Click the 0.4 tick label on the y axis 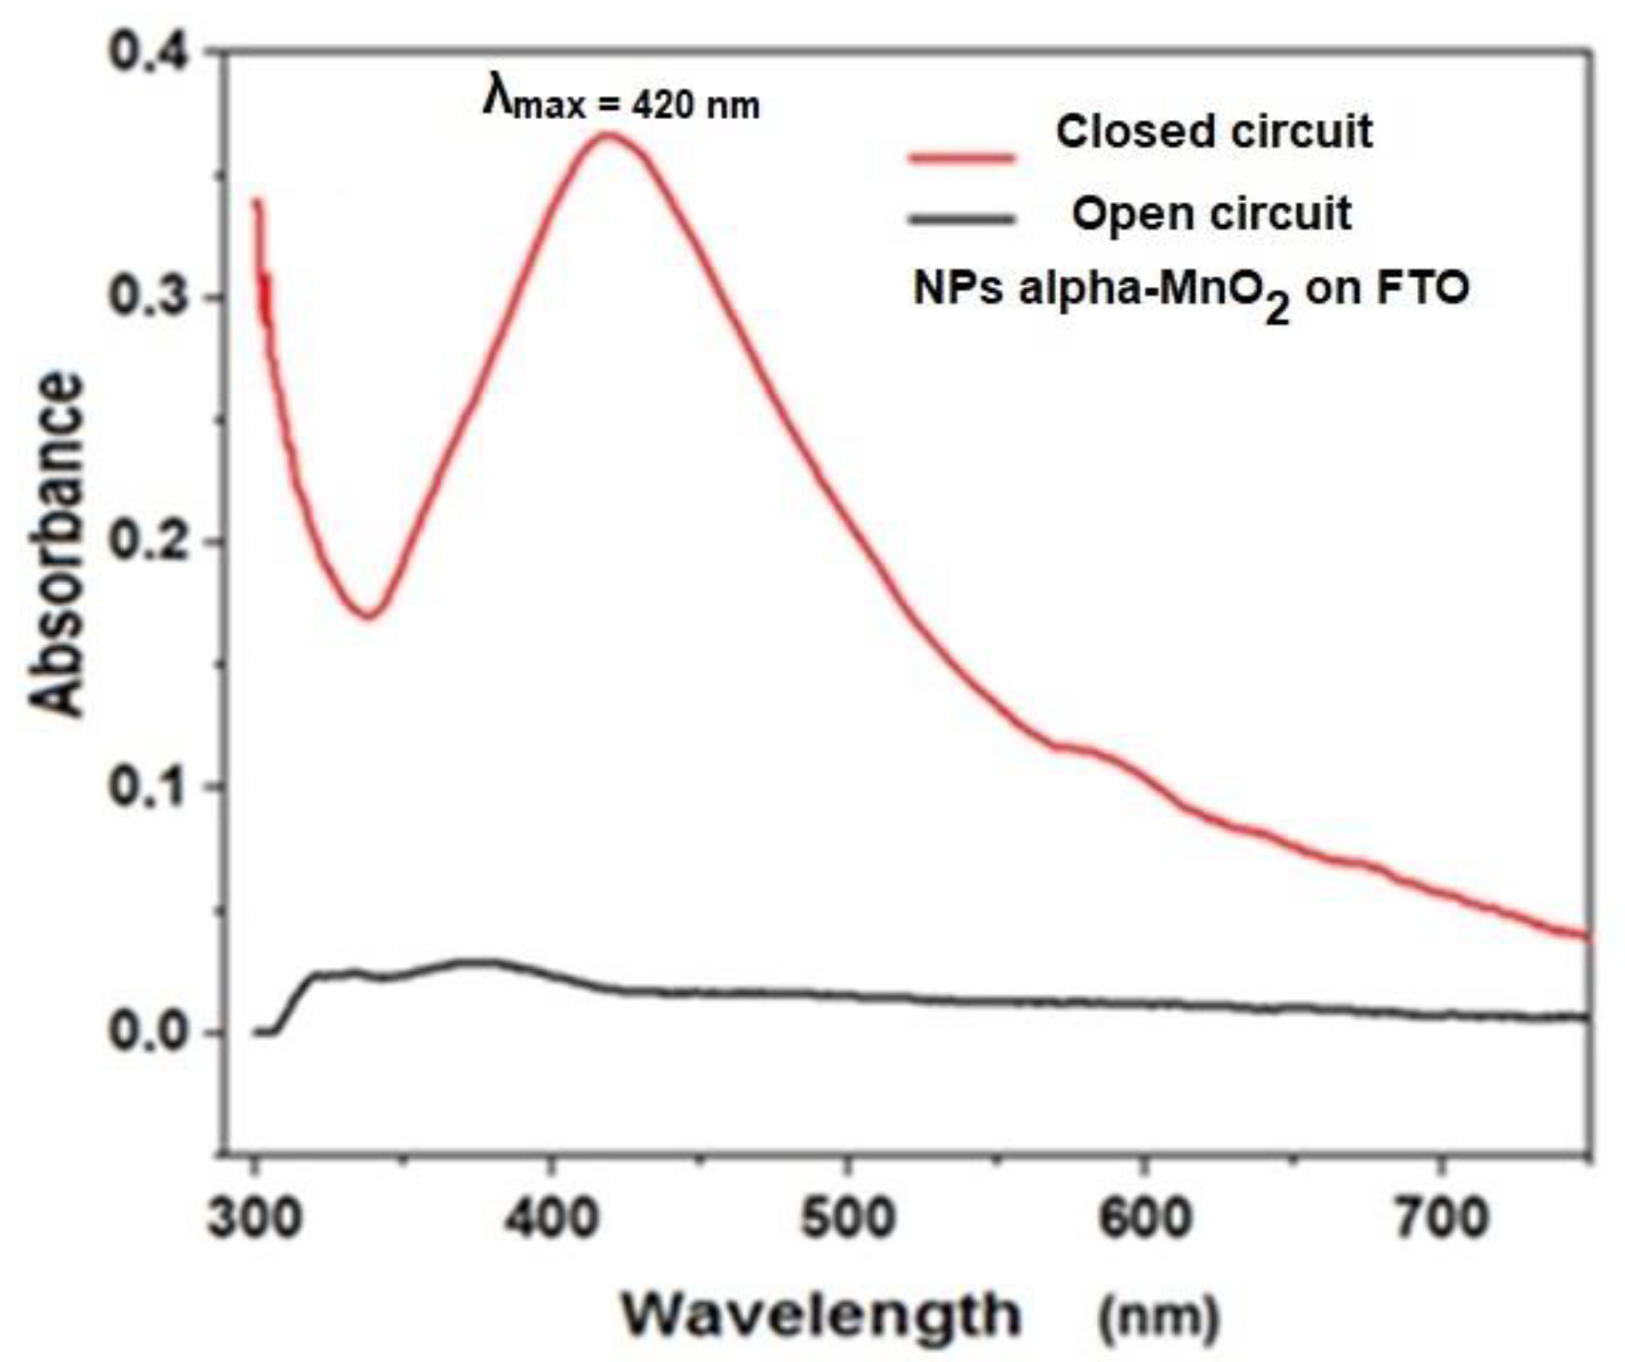coord(149,51)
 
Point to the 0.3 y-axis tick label coord(149,296)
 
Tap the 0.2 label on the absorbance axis coord(149,541)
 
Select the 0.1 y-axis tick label coord(149,787)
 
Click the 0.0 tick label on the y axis coord(149,1032)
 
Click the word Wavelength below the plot coord(821,1316)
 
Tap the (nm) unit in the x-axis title coord(1159,1318)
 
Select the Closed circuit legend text coord(1213,132)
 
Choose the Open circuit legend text coord(1211,213)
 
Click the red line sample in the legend coord(961,157)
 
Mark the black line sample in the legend coord(961,220)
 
